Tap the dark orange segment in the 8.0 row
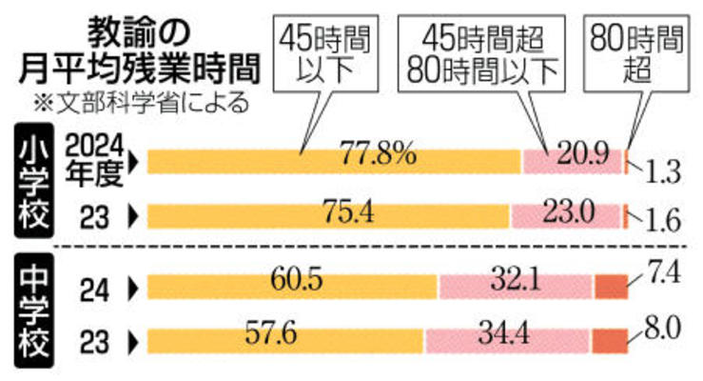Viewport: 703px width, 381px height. click(610, 338)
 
